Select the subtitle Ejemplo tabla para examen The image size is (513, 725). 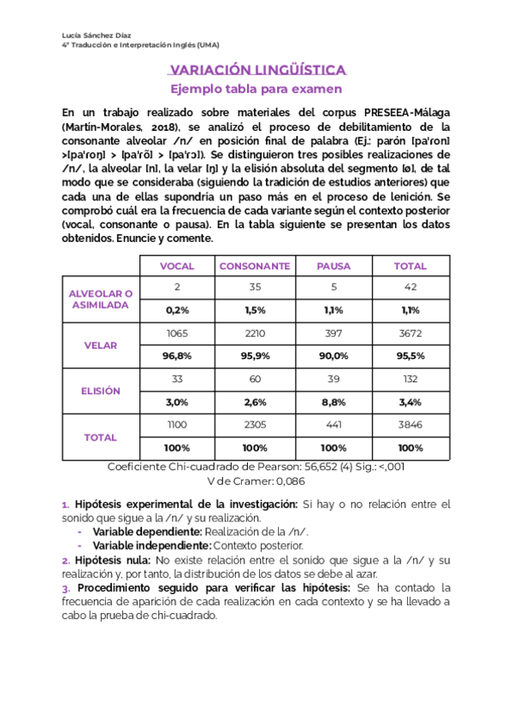coord(256,89)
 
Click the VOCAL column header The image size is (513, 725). coord(177,266)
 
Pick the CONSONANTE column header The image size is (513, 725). coord(255,266)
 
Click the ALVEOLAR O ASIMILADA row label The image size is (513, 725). coord(101,299)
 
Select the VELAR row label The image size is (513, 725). coord(101,345)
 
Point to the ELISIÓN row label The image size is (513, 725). coord(101,391)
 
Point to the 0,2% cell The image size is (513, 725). coord(177,309)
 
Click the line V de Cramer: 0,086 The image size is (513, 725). coord(256,481)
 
